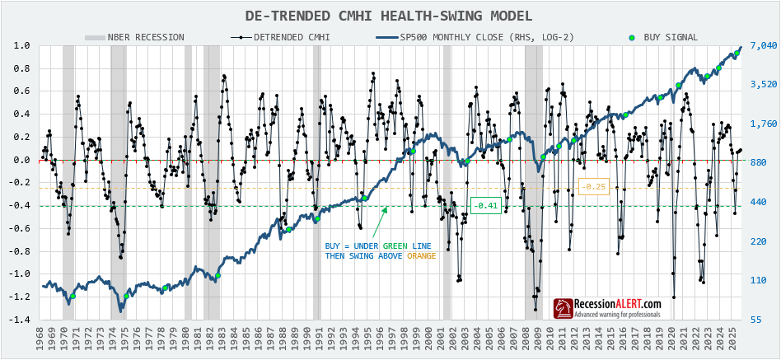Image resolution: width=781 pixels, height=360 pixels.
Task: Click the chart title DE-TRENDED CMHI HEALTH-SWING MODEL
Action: [389, 16]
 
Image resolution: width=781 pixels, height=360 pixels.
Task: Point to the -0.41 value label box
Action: [485, 205]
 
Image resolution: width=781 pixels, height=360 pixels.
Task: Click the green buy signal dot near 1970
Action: [72, 296]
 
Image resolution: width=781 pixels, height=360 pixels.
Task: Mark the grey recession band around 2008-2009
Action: [533, 181]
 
